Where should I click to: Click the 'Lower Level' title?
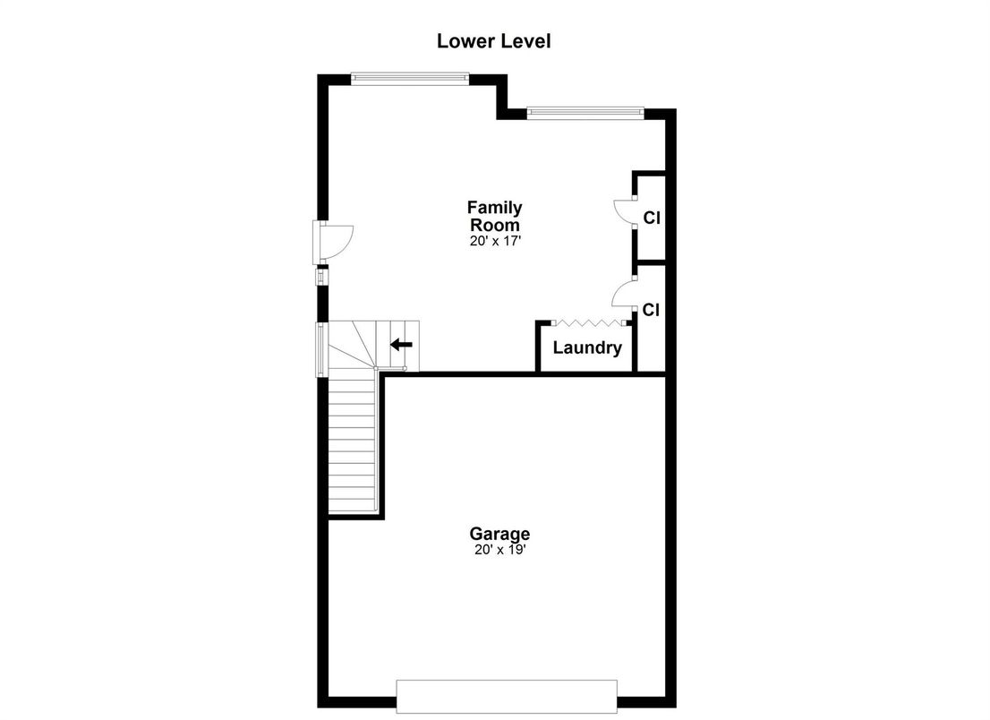pyautogui.click(x=493, y=41)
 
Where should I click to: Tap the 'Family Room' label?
pyautogui.click(x=495, y=217)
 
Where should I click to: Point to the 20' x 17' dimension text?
pyautogui.click(x=495, y=241)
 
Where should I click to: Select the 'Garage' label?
pyautogui.click(x=499, y=534)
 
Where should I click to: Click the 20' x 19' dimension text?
pyautogui.click(x=499, y=551)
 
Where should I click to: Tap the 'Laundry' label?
pyautogui.click(x=586, y=348)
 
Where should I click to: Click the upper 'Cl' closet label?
pyautogui.click(x=651, y=218)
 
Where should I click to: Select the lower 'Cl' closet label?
pyautogui.click(x=651, y=311)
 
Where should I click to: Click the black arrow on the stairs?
pyautogui.click(x=401, y=344)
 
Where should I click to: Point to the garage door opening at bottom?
pyautogui.click(x=507, y=696)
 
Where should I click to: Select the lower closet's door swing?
pyautogui.click(x=623, y=296)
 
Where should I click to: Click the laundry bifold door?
pyautogui.click(x=586, y=322)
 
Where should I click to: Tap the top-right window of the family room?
pyautogui.click(x=585, y=112)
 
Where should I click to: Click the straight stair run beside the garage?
pyautogui.click(x=352, y=442)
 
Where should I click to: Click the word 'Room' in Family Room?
pyautogui.click(x=495, y=225)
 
